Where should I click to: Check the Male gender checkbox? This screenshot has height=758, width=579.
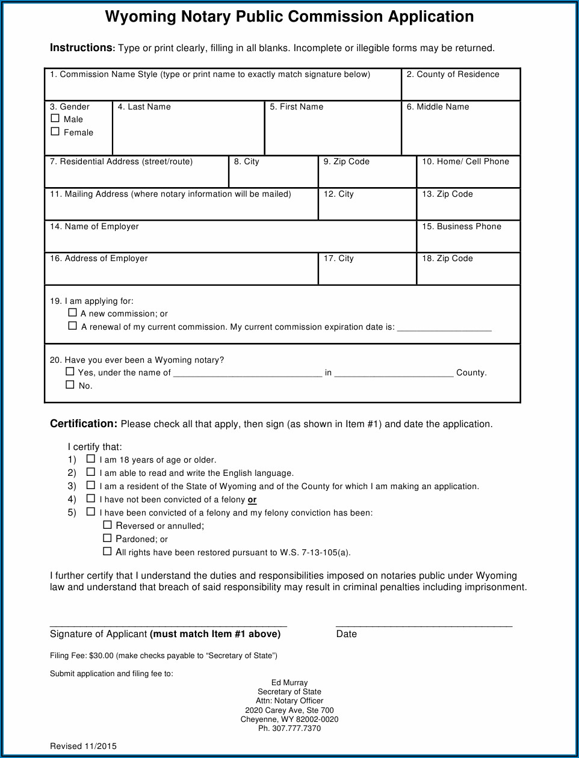coord(55,119)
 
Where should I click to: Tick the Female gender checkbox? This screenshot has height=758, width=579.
coord(55,132)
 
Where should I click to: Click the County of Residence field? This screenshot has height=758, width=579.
coord(460,89)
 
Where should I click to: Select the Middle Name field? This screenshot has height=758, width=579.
coord(460,132)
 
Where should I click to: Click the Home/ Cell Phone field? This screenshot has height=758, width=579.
coord(468,176)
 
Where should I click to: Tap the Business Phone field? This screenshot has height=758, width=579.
coord(468,241)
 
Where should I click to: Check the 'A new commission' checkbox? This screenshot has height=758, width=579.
coord(73,313)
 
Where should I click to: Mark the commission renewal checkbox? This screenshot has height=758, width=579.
coord(73,326)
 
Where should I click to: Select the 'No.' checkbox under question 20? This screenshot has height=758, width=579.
coord(70,385)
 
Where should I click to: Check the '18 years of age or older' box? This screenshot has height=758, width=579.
coord(91,460)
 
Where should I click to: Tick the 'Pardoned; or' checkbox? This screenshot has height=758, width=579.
coord(108,538)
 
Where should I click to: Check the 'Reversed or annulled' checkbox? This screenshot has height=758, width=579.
coord(108,525)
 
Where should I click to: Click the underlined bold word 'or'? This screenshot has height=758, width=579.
coord(252,500)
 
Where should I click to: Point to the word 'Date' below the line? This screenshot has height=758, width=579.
coord(347,634)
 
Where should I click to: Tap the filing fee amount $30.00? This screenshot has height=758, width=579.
coord(101,656)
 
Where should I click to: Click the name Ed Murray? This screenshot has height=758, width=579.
coord(289,683)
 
